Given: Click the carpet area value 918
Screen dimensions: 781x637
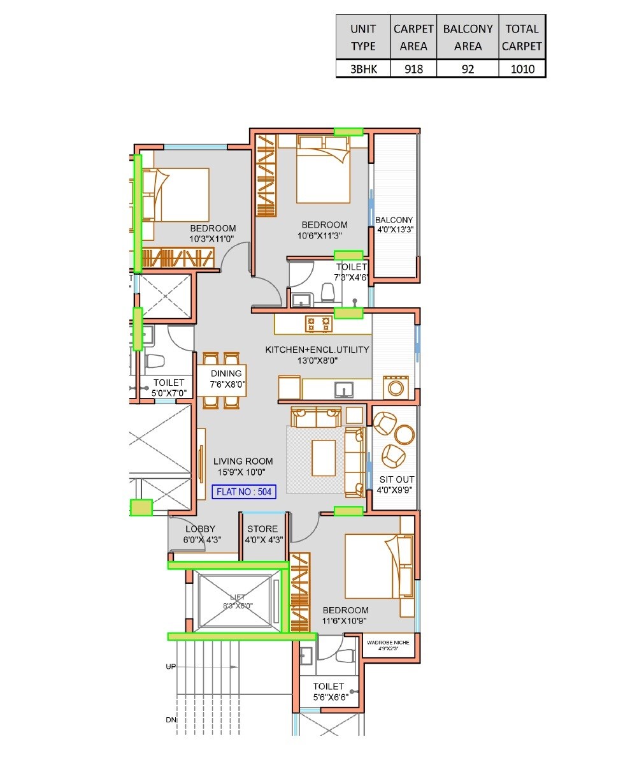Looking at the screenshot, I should coord(413,69).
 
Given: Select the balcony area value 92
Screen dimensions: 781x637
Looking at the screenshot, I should coord(468,69).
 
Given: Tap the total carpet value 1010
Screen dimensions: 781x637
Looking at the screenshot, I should coord(522,69).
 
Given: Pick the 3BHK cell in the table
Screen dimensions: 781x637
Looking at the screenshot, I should coord(363,69).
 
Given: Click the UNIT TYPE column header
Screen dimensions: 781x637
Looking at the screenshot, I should coord(363,38).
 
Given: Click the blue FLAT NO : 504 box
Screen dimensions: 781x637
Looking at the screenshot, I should coord(244,492).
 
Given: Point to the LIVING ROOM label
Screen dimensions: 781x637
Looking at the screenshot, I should coord(243,462).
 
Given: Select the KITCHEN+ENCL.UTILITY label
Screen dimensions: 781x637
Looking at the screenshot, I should coord(317,349).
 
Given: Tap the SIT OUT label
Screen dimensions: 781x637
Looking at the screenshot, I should coord(397,479).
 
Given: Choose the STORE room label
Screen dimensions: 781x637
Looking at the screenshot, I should coord(262,529).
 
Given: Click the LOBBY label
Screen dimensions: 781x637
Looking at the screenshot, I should coord(200,529).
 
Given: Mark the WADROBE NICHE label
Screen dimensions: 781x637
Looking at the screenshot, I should coord(388,643).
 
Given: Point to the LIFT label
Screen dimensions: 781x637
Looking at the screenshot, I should coord(237,597).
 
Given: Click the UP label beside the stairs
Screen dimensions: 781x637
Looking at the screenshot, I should coord(171,666).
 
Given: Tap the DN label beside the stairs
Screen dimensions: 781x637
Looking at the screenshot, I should coord(171,720).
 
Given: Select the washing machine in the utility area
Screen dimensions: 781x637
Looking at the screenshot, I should coord(396,388).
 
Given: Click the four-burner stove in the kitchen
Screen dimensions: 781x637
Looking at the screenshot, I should coord(318,323).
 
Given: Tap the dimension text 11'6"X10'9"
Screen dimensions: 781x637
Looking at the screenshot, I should coord(345,621).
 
